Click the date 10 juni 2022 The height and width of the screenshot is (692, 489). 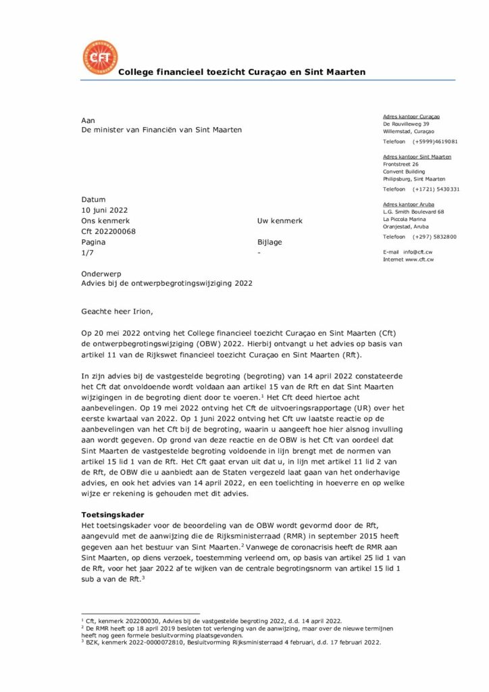104,210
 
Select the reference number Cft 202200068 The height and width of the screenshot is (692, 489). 108,231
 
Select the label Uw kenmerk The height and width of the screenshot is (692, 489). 280,221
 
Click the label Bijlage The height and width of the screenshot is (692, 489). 269,242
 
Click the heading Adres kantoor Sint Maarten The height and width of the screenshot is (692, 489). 417,157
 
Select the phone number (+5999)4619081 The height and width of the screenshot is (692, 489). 435,142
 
